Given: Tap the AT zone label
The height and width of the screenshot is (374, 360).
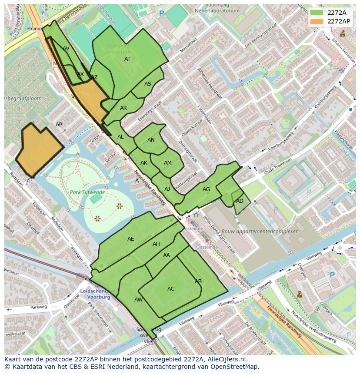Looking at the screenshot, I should (x=127, y=59).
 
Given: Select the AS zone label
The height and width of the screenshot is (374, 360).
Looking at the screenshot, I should (x=148, y=84).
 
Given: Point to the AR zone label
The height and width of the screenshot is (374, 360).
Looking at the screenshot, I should (x=123, y=108).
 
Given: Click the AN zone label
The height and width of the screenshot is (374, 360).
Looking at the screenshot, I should (x=151, y=140).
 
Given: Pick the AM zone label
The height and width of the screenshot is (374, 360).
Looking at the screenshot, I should (x=168, y=163).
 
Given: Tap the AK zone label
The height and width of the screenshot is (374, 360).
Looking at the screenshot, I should (x=144, y=163).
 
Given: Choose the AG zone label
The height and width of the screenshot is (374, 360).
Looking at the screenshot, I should (x=206, y=189).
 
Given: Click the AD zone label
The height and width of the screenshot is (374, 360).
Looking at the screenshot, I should (x=240, y=201).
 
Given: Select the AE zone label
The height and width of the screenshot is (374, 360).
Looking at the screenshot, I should (x=131, y=239).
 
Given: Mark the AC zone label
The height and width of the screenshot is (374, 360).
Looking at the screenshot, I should (x=171, y=289).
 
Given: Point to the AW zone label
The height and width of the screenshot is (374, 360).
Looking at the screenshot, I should (x=138, y=300).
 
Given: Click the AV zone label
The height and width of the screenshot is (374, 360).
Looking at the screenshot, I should (x=66, y=49).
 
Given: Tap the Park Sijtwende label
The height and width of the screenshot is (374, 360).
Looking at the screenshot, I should (x=87, y=192).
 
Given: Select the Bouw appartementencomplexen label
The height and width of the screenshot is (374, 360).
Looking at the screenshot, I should (x=260, y=232).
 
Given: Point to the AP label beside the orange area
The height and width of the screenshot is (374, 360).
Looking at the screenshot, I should (x=59, y=125).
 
